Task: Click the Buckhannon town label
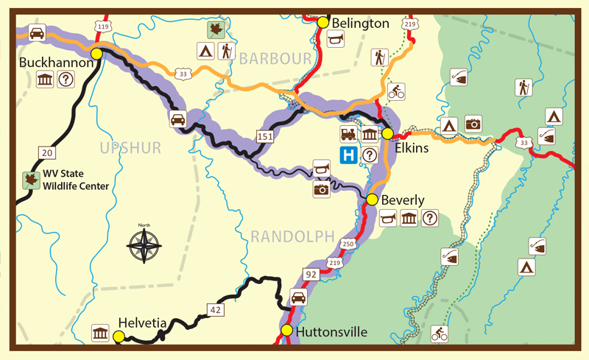pos(49,63)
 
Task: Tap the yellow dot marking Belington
pos(322,23)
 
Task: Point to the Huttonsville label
pos(331,332)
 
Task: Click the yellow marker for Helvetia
pos(119,336)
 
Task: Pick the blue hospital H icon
pos(347,155)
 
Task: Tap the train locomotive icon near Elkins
pos(348,134)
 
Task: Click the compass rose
pos(145,245)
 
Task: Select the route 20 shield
pos(47,152)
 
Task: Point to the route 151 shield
pos(262,136)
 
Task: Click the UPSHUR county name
pos(130,148)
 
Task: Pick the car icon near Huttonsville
pos(298,297)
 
